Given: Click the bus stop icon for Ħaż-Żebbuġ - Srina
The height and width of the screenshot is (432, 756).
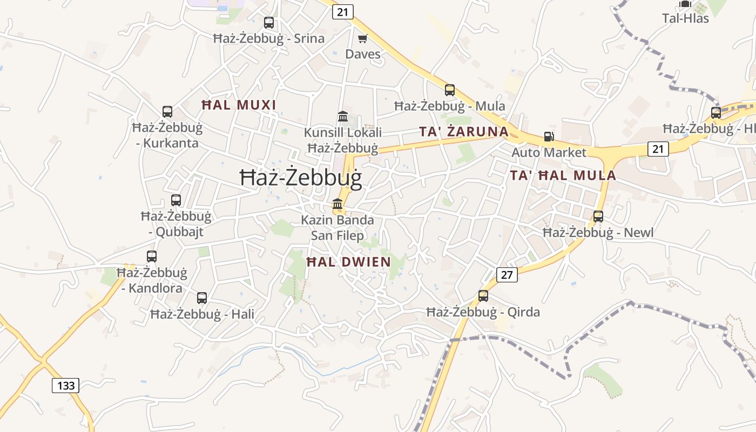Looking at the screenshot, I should (x=269, y=23).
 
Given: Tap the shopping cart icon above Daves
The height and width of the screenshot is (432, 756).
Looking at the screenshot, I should (x=363, y=38).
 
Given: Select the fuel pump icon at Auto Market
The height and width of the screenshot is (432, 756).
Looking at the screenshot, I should (x=549, y=137).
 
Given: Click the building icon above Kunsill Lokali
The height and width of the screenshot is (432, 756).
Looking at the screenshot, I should (x=343, y=117).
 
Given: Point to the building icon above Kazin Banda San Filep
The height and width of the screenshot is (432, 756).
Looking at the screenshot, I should (x=337, y=204).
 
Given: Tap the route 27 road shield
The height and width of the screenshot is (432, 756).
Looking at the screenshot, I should (x=507, y=275).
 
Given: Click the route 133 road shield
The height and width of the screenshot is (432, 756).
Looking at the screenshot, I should (x=66, y=386).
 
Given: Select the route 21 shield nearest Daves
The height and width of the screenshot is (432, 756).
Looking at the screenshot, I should (x=343, y=12).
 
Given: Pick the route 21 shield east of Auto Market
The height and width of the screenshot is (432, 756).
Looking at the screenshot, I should (x=658, y=148).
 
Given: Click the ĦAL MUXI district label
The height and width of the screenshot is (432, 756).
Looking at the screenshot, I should (x=239, y=105).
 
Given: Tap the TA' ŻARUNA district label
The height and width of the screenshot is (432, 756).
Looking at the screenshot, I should (x=464, y=132).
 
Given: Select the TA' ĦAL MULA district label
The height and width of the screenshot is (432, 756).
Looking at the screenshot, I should (x=563, y=175).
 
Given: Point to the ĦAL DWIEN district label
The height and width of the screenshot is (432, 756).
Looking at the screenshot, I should (x=348, y=262).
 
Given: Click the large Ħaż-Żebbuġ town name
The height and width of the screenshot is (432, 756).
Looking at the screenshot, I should (x=301, y=178).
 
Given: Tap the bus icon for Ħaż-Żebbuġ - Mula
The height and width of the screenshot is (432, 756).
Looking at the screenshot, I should (x=450, y=90).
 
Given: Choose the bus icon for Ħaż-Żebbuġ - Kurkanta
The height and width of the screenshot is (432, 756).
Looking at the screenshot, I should (x=167, y=112).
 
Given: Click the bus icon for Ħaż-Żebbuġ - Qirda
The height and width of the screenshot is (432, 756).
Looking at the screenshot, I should (x=483, y=296).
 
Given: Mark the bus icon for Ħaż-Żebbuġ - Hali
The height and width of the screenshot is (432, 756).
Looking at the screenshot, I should (x=202, y=298).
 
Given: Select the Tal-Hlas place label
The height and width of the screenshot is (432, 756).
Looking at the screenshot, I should (x=685, y=18).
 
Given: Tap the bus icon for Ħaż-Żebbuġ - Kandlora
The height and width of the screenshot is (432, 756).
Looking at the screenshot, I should (x=152, y=256).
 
